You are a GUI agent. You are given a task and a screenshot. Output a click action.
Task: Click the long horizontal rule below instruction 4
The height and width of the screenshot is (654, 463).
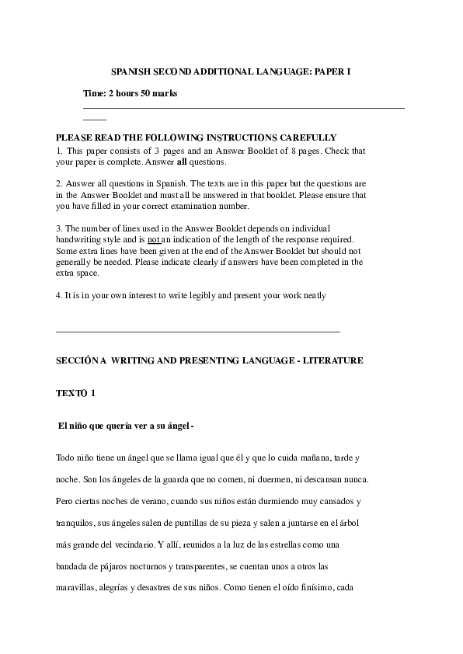point(198,332)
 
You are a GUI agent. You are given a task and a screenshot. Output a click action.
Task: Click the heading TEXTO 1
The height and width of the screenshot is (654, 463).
point(75,393)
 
